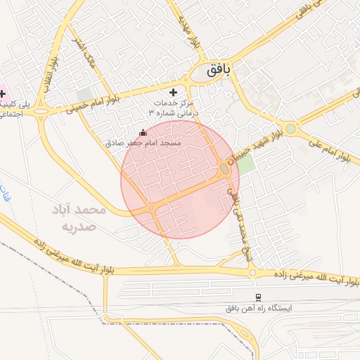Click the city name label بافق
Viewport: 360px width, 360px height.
tap(224, 71)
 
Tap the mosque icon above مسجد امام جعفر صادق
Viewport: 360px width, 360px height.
tap(143, 132)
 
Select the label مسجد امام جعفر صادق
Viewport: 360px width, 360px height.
tap(143, 142)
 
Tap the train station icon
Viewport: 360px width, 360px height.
tap(258, 297)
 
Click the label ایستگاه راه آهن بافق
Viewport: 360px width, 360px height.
tap(258, 308)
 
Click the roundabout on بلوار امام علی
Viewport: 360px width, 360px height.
tap(290, 129)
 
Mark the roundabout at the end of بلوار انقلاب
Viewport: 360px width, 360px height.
tap(42, 111)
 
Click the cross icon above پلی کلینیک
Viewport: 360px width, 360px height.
tap(2, 94)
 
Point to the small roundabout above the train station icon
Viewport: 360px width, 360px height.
tap(251, 273)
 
